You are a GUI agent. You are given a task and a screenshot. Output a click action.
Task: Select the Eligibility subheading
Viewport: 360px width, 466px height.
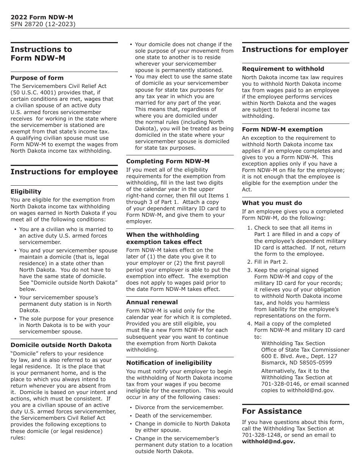[26, 191]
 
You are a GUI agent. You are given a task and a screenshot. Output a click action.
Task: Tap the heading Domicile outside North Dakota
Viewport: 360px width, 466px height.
[61, 345]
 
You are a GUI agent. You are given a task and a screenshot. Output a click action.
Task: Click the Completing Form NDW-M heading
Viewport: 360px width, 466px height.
[168, 161]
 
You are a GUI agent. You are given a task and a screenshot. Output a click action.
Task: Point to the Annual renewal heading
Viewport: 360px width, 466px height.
[152, 302]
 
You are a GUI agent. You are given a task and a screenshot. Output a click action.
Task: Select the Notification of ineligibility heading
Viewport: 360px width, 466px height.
[169, 363]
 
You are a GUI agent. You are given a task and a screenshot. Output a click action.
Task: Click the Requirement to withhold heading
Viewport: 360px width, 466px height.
[283, 69]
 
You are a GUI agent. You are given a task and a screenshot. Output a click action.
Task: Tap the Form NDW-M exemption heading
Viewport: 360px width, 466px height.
[282, 129]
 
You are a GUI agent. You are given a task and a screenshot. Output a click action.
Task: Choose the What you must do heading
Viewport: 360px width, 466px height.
[272, 203]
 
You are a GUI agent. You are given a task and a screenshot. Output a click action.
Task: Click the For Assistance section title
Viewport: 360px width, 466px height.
[272, 411]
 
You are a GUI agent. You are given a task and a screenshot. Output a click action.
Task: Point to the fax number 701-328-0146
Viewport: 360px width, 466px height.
[279, 384]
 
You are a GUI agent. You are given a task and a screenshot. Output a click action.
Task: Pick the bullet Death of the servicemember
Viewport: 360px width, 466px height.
[169, 416]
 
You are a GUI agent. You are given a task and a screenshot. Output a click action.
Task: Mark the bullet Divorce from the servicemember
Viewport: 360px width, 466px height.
[179, 407]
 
